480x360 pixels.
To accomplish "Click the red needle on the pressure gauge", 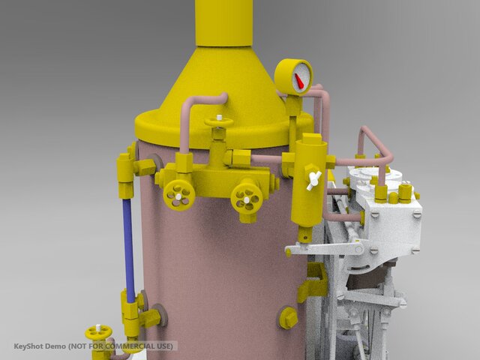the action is pos(298,81).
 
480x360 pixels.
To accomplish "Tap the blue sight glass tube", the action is pos(129,250).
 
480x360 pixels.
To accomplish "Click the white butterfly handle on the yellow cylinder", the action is pos(313,181).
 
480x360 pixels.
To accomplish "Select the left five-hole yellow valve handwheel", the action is pos(179,195).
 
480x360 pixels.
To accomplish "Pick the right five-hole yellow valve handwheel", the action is pos(247,199).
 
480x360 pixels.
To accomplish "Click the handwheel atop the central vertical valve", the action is pos(219,122).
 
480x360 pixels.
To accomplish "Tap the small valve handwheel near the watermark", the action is pos(98,332).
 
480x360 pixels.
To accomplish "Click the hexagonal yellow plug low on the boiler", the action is pos(288,318).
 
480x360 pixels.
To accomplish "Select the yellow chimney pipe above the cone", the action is pos(224,23).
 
